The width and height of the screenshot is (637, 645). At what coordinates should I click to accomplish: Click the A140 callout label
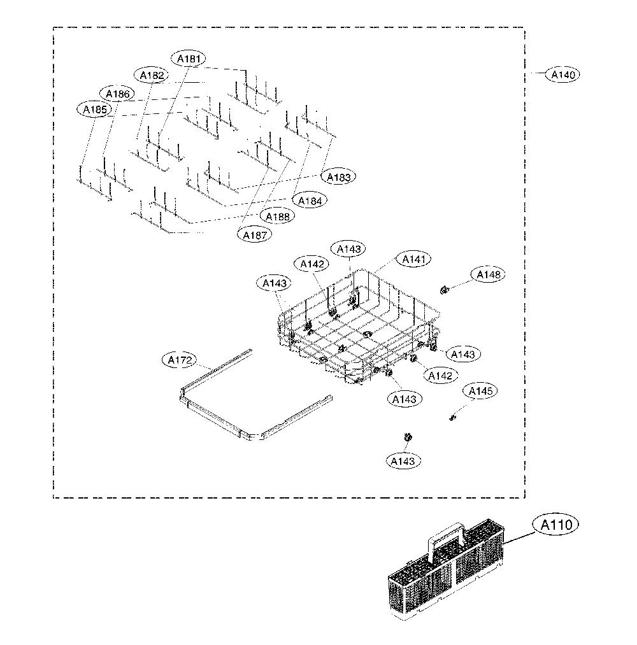562,75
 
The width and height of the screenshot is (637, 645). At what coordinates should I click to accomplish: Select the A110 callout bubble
555,525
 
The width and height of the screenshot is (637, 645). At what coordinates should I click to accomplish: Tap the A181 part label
189,59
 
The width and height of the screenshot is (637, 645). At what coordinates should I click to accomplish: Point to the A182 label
152,75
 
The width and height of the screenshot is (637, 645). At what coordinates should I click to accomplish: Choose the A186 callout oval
117,94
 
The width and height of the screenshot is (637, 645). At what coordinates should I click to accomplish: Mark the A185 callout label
95,110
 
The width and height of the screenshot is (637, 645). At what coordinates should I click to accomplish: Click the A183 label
339,177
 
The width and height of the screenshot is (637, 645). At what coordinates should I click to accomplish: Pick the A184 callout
310,201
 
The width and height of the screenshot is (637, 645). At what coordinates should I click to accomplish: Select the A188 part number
277,216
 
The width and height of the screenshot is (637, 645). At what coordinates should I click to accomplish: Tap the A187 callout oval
255,236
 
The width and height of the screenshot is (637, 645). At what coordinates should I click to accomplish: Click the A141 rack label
413,260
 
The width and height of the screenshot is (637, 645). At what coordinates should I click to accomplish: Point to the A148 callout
488,275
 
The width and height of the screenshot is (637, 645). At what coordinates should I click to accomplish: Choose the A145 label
480,391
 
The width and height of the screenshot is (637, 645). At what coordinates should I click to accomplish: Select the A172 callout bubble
180,360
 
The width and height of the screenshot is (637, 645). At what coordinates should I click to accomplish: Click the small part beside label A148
444,290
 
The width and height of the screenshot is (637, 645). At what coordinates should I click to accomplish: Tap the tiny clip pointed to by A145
453,418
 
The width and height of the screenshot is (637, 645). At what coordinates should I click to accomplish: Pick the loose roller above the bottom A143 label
408,437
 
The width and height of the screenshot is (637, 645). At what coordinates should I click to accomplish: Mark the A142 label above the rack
312,264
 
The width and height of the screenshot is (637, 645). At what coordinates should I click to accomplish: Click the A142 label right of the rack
440,376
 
